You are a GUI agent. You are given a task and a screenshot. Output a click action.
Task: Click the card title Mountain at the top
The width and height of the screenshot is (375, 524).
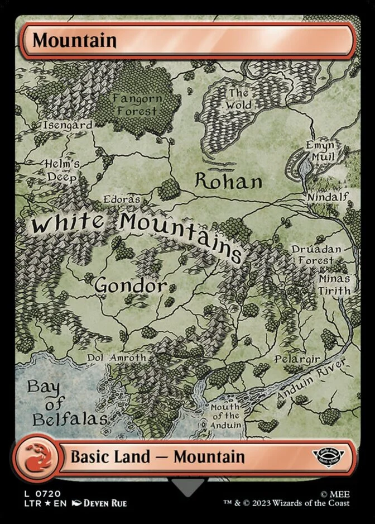coord(74,40)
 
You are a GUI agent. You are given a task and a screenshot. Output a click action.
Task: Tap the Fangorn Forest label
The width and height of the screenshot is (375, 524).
coord(137,104)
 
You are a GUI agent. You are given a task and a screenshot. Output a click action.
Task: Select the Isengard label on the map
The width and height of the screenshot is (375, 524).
coord(67,125)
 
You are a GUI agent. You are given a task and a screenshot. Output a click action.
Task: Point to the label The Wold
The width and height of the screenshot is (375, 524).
coord(238,99)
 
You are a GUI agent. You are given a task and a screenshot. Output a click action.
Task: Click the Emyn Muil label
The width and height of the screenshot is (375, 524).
coord(320,151)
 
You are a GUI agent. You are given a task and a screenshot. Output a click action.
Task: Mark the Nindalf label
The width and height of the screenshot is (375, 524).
coord(328,197)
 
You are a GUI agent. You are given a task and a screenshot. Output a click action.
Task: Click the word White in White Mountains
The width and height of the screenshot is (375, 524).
coord(67,225)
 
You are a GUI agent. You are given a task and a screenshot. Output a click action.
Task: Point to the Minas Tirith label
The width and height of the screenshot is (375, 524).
coord(334,284)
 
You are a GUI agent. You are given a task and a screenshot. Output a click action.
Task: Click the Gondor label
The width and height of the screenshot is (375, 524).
coord(130,285)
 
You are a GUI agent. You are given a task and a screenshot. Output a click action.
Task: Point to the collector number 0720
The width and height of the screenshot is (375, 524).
coord(49,494)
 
